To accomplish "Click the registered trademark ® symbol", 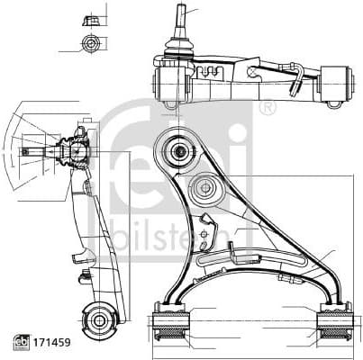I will [266, 108].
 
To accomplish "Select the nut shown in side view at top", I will [88, 20].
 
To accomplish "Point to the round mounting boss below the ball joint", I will [206, 190].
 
